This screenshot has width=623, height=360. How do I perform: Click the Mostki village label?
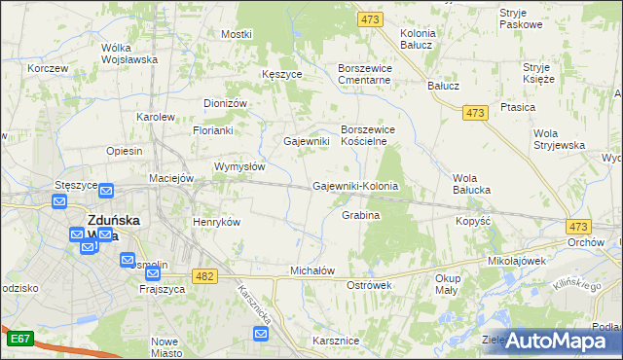tap(236, 34)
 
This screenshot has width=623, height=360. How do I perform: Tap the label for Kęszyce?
tap(282, 74)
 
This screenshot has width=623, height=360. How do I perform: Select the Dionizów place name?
tap(227, 103)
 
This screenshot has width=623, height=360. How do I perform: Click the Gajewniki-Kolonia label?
tap(355, 186)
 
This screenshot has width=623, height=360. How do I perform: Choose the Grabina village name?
tap(360, 214)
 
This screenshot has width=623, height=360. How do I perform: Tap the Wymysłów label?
tap(239, 166)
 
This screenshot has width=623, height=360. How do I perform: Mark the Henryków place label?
tap(216, 222)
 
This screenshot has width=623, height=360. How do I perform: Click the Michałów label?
tap(312, 270)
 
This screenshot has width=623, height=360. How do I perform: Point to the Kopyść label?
tap(472, 221)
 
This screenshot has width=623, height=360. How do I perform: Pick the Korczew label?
tap(48, 68)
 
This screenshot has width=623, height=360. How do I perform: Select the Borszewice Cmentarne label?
tap(363, 74)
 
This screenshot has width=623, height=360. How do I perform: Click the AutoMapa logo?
tap(556, 340)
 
